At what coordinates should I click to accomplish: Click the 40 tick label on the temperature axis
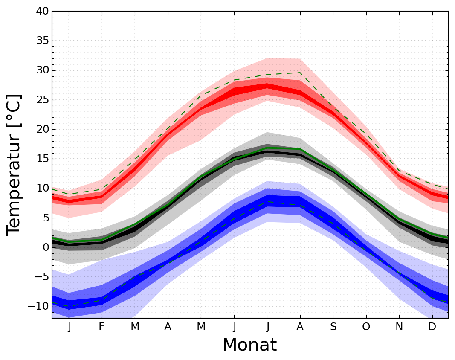click(x=42, y=12)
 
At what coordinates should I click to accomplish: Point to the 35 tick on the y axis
click(x=42, y=41)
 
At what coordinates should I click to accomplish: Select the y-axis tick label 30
click(x=42, y=70)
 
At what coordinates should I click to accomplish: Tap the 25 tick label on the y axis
click(x=42, y=100)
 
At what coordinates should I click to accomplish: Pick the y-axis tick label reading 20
click(x=42, y=129)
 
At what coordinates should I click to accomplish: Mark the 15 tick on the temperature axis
click(x=42, y=159)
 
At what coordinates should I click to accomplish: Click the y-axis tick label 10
click(x=42, y=188)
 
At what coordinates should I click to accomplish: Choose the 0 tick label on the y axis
click(x=45, y=247)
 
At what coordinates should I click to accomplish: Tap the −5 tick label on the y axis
click(x=40, y=277)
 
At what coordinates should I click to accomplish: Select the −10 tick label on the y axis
click(x=37, y=306)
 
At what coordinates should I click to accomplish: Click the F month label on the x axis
click(x=101, y=327)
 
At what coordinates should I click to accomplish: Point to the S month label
click(x=333, y=327)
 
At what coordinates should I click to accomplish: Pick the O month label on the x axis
click(x=366, y=327)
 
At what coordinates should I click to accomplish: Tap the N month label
click(x=399, y=327)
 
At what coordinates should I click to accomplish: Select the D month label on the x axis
click(x=432, y=327)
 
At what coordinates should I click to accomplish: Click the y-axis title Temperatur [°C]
click(x=14, y=164)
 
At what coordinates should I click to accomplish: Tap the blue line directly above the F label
click(x=101, y=301)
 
